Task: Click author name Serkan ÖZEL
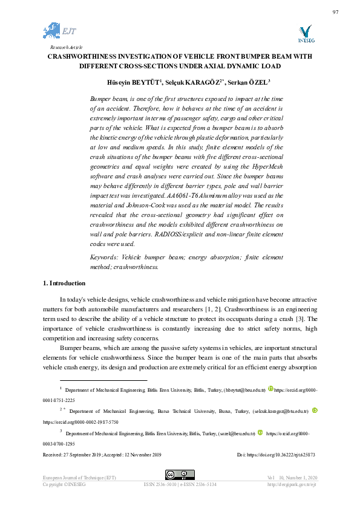tap(249, 82)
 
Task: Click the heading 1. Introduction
tap(64, 283)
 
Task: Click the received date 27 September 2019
tap(75, 455)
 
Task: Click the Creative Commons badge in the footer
tap(180, 475)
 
